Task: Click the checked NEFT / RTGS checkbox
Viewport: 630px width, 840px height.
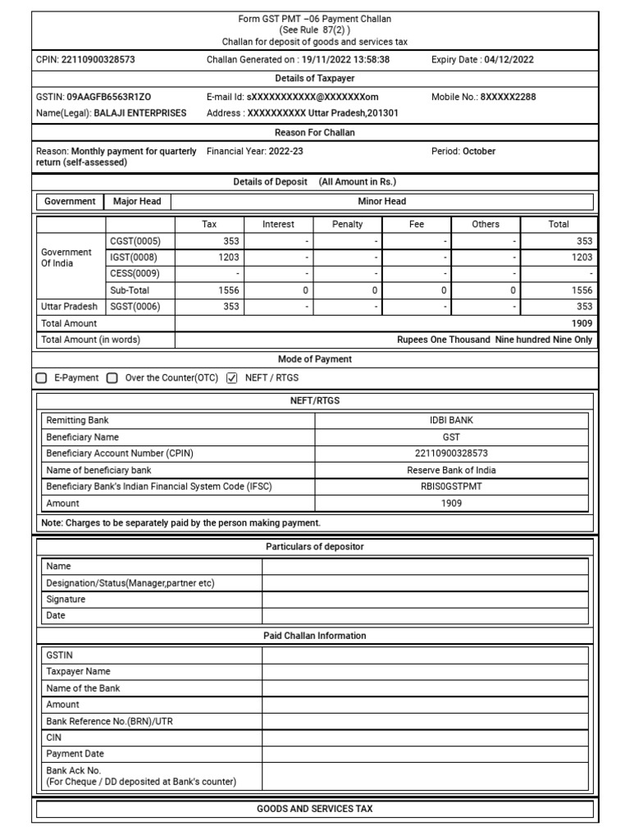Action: tap(231, 378)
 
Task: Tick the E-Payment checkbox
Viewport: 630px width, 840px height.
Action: tap(42, 378)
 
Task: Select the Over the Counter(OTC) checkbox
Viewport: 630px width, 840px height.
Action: tap(112, 378)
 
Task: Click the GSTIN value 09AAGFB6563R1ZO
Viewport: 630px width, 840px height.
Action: tap(108, 97)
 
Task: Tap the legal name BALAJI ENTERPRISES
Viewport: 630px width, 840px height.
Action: tap(139, 112)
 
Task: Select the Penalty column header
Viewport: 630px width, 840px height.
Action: tap(348, 224)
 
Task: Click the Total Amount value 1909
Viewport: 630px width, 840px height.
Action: tap(582, 323)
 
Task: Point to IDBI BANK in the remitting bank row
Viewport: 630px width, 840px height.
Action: tap(451, 420)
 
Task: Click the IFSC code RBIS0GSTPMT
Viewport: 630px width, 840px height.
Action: tap(451, 486)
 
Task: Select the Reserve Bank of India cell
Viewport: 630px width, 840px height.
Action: tap(451, 470)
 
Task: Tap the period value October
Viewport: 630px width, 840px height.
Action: tap(479, 151)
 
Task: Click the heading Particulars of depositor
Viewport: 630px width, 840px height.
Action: tap(315, 546)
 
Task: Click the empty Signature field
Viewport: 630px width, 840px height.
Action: tap(424, 599)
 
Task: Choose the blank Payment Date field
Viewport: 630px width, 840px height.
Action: tap(424, 753)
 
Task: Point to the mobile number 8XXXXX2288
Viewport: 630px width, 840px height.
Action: tap(508, 97)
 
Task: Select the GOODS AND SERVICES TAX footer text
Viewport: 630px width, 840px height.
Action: tap(315, 809)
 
